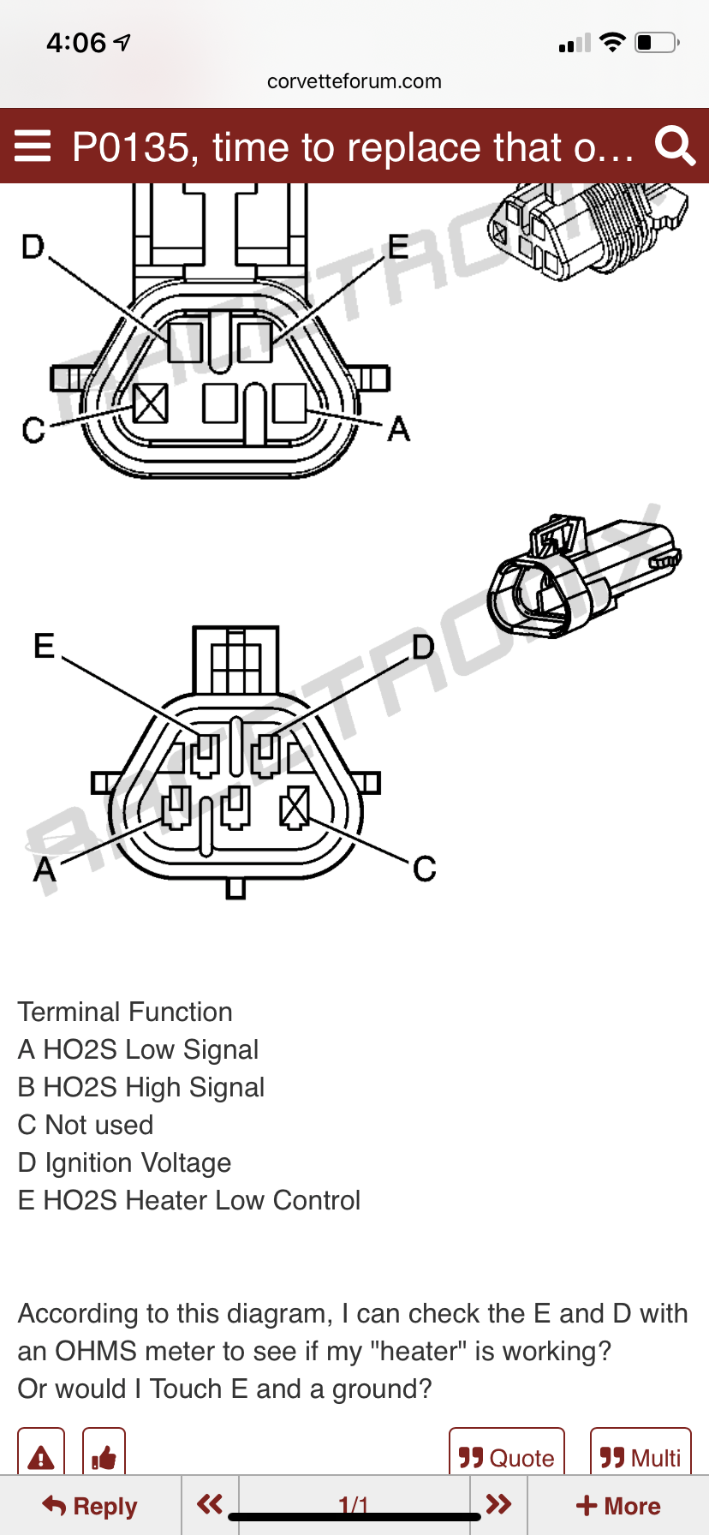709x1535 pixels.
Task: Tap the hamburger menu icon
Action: [33, 146]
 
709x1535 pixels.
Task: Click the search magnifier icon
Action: [675, 146]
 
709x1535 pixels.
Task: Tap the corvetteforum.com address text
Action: [354, 81]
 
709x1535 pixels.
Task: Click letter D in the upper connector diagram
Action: [33, 248]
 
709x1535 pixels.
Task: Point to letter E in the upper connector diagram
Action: [398, 248]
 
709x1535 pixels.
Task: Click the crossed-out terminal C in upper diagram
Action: [151, 402]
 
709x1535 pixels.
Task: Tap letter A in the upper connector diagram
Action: [398, 428]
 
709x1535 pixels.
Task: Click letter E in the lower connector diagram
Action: [44, 646]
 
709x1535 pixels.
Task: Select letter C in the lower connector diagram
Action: [424, 869]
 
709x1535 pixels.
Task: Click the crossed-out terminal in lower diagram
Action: [295, 807]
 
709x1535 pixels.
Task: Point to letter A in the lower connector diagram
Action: [44, 869]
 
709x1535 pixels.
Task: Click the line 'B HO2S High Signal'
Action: [141, 1087]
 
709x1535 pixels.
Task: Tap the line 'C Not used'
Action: [86, 1125]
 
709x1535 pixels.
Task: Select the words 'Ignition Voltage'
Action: [138, 1162]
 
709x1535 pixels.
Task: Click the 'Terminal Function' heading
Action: [125, 1012]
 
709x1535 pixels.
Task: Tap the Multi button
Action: [640, 1457]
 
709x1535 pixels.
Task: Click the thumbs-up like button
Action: [104, 1456]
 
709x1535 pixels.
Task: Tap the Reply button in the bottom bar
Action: [90, 1505]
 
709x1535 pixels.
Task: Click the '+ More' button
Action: [617, 1505]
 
